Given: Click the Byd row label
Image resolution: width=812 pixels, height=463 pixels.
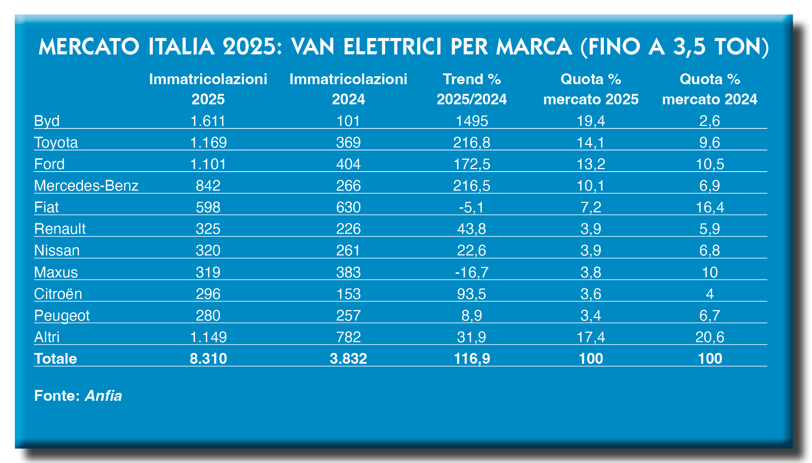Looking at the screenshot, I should (47, 121).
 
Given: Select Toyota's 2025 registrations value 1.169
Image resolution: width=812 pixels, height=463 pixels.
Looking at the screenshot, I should (208, 142).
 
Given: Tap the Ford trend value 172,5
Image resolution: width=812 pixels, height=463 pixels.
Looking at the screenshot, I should (472, 164).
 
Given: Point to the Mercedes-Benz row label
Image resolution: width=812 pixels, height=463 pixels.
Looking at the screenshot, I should (86, 186).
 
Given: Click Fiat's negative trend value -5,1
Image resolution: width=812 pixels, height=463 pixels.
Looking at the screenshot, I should (472, 207).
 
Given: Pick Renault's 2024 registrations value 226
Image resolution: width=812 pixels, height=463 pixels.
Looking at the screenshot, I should (348, 229).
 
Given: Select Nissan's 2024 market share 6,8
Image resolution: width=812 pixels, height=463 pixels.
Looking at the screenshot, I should (709, 250).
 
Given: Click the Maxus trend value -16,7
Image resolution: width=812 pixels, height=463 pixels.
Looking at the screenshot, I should (472, 272).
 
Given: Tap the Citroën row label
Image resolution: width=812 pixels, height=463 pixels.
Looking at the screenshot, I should (58, 294).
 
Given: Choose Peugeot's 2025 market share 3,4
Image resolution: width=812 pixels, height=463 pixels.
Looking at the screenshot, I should (591, 316).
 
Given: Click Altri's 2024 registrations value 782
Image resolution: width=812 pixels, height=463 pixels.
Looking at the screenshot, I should (348, 337).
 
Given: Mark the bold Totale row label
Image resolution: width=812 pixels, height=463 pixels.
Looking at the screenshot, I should (55, 359).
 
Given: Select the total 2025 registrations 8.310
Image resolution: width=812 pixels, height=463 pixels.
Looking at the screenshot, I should (208, 359).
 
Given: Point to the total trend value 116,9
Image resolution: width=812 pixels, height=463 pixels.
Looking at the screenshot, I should (472, 359).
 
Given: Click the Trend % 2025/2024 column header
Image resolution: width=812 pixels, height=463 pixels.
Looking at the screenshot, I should (472, 89).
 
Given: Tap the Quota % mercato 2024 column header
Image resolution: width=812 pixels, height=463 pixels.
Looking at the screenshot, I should (709, 89).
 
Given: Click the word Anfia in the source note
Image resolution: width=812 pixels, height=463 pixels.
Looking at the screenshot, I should (104, 396).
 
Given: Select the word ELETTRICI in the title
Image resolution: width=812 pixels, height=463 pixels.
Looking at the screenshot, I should (393, 47).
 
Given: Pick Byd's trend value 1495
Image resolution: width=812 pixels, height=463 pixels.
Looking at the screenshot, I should (472, 121).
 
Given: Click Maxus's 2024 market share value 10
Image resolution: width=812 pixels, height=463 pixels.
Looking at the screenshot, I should (709, 272).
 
